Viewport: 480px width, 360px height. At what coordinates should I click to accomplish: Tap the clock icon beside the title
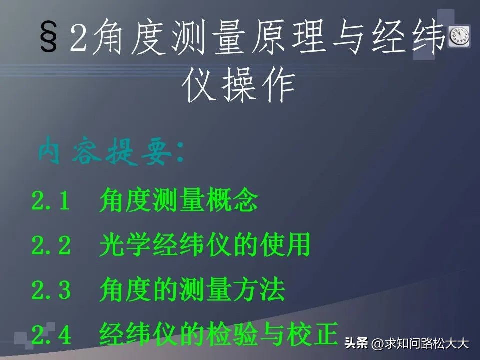(x=459, y=36)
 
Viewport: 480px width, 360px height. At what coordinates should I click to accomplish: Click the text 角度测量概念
(x=178, y=201)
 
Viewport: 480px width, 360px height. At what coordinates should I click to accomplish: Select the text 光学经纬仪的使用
(x=205, y=246)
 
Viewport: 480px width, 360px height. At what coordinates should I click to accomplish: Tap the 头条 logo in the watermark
(x=356, y=344)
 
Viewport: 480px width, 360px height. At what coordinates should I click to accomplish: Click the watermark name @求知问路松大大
(x=420, y=344)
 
